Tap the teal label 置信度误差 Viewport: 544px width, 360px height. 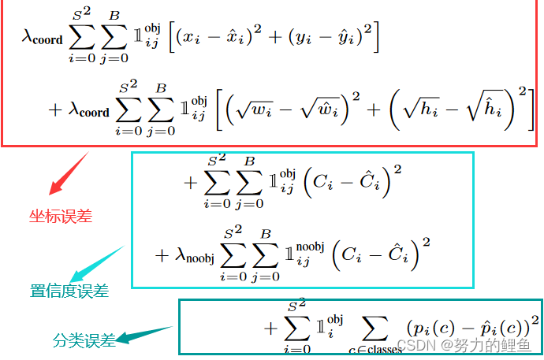click(x=69, y=291)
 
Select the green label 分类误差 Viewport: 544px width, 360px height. click(x=84, y=341)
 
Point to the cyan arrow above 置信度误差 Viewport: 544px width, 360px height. click(x=96, y=263)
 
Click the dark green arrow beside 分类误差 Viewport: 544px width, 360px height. click(x=146, y=335)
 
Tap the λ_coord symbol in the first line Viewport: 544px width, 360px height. click(x=43, y=38)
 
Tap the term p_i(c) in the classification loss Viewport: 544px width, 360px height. click(x=432, y=326)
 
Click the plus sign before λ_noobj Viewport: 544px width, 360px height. click(x=162, y=254)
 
